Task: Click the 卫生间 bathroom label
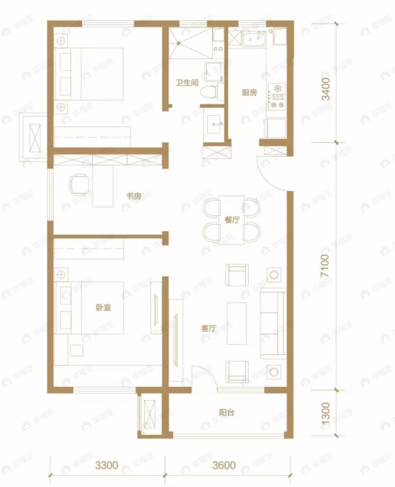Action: [x=187, y=83]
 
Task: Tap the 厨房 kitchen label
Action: [x=249, y=92]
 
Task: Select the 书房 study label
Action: [x=134, y=196]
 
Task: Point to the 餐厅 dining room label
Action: [x=232, y=219]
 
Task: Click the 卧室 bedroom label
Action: [x=104, y=307]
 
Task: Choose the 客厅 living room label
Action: [x=208, y=328]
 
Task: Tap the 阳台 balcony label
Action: [x=227, y=412]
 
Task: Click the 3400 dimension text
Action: [x=326, y=89]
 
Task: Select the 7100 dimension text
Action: [x=326, y=266]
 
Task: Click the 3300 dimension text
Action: [x=106, y=465]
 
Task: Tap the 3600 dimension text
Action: [x=224, y=465]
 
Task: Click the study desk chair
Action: [x=79, y=185]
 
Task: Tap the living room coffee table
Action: [x=237, y=323]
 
